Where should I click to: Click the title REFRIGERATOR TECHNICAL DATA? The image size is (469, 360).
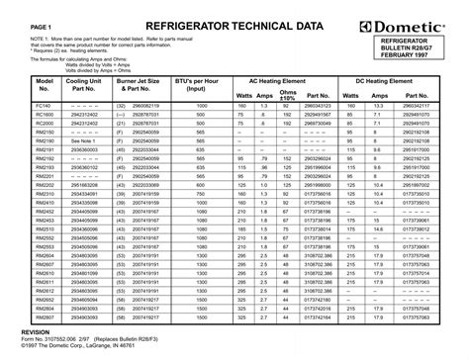point(234,22)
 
